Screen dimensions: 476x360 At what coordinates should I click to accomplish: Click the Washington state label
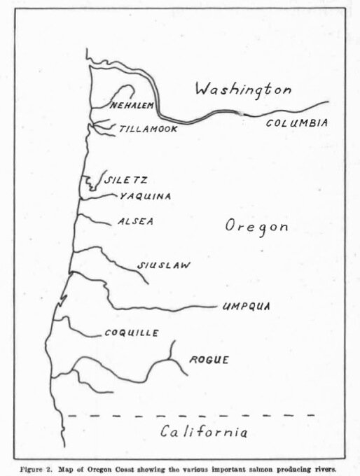coord(242,90)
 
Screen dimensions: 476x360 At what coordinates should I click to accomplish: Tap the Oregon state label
coord(257,227)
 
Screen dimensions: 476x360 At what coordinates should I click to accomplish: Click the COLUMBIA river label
coord(297,123)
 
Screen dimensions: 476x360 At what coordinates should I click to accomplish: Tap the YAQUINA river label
coord(145,196)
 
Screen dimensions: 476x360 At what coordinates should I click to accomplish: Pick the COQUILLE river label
coord(131,332)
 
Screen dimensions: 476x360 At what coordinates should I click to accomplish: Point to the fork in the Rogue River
coord(172,360)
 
